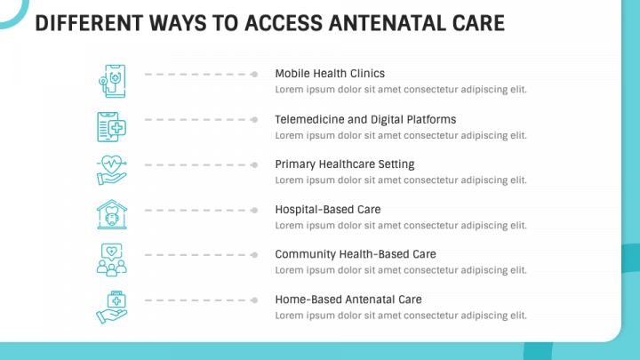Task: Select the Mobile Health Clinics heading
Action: pos(330,74)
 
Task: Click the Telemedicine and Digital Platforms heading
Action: pos(365,120)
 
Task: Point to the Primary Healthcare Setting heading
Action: pos(345,164)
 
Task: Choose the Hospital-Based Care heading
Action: pos(328,210)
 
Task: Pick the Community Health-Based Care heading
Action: pos(356,254)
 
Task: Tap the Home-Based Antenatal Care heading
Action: pos(348,300)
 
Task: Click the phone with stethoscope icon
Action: pos(112,81)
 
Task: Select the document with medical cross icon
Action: pos(111,127)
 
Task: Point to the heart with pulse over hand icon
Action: pos(111,170)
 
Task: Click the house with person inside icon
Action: pos(112,214)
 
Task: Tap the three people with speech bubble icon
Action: pos(111,260)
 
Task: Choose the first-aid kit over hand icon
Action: pos(111,308)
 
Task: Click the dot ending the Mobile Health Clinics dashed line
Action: pos(254,75)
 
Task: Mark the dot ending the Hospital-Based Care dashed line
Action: pos(254,210)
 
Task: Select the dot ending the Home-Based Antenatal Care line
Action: pos(254,300)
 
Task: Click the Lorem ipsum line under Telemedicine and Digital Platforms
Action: pos(401,135)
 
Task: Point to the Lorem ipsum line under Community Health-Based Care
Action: pos(401,270)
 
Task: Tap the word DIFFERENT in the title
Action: pos(89,23)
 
